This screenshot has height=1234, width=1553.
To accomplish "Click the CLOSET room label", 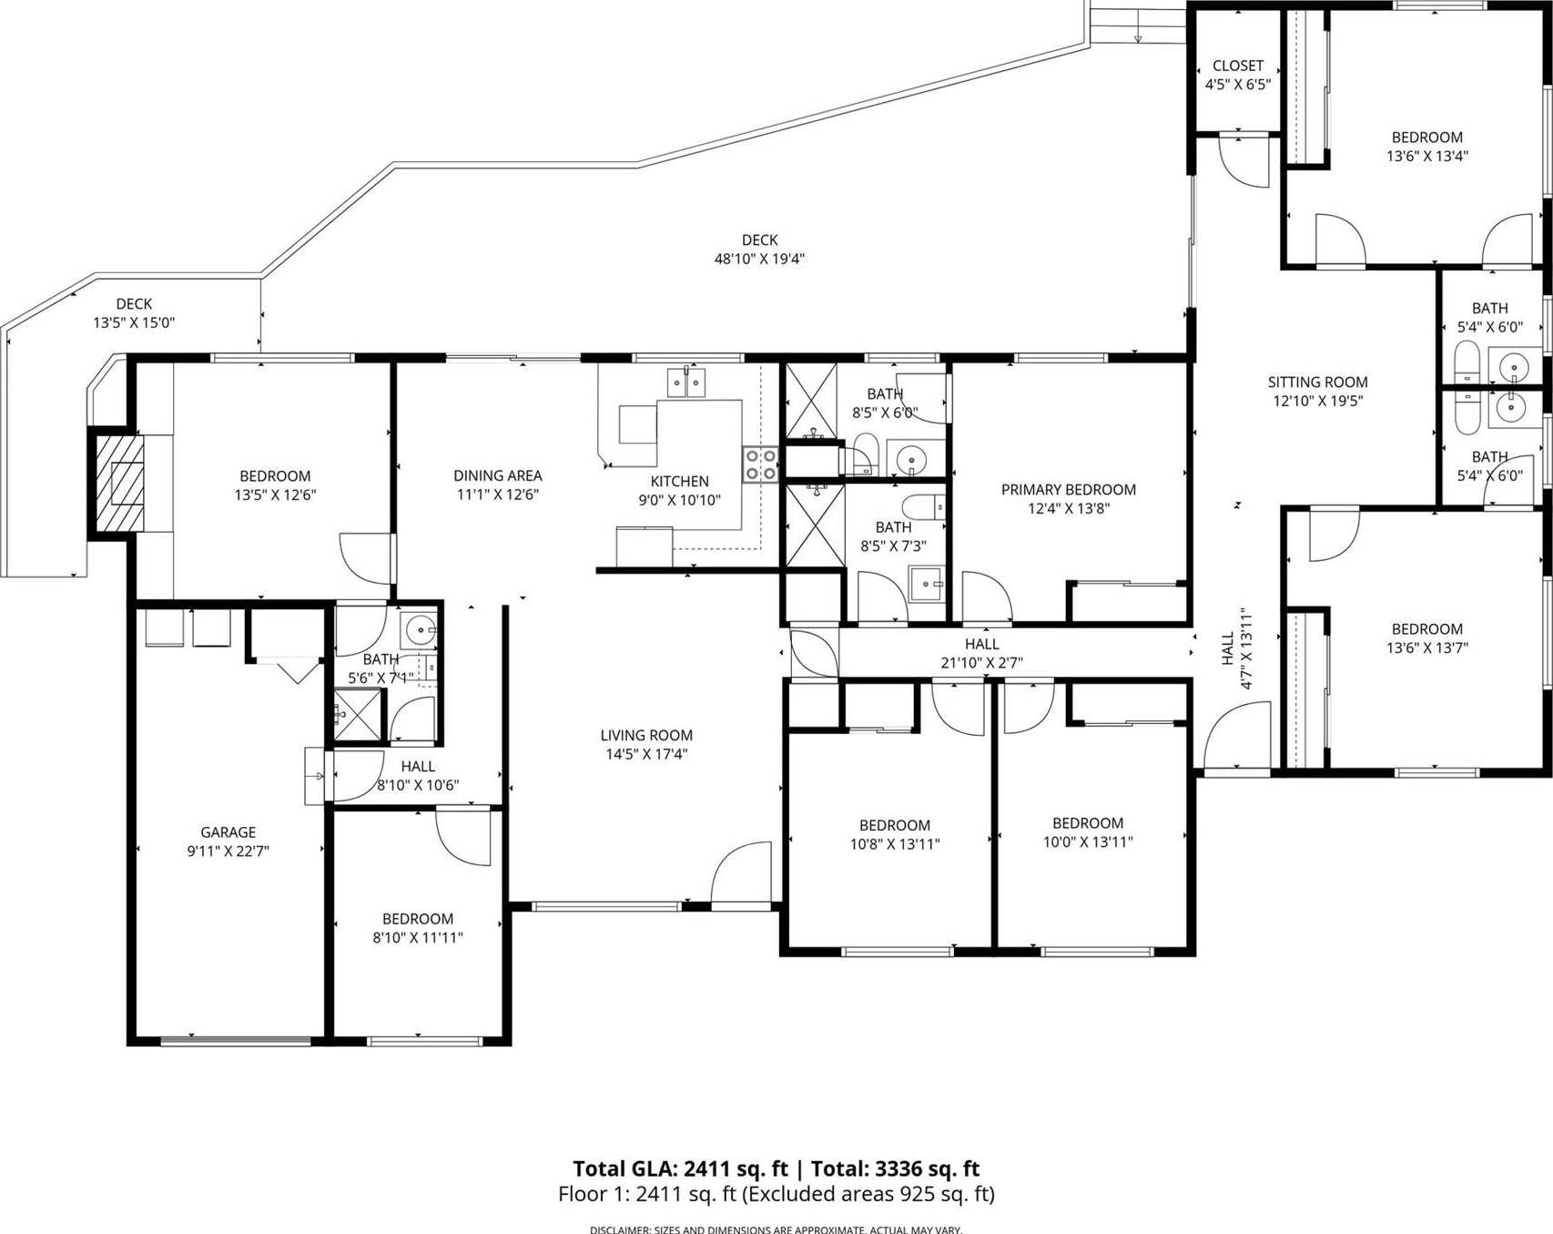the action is click(x=1237, y=66).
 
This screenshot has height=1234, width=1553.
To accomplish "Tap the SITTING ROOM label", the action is click(x=1317, y=382).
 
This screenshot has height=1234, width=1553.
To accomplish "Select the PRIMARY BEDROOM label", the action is click(x=1068, y=490).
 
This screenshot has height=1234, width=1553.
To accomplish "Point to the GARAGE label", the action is click(x=228, y=832).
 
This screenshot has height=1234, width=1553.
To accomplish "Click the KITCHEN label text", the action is click(x=679, y=482).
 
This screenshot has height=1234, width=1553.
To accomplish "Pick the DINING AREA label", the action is click(x=497, y=475).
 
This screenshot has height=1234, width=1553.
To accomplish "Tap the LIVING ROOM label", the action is click(x=646, y=735).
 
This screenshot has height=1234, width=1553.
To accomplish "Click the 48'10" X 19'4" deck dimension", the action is click(x=759, y=259).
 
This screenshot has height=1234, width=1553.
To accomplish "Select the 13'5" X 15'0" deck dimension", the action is click(x=134, y=322).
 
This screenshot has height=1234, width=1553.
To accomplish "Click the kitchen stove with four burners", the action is click(x=759, y=464).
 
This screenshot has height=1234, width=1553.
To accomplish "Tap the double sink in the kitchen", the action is click(x=686, y=383).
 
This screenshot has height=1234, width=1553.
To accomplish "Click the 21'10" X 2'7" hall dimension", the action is click(x=981, y=663).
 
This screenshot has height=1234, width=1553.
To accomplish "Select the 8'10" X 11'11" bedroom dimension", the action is click(x=418, y=938).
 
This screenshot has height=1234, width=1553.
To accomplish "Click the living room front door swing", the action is click(x=741, y=875).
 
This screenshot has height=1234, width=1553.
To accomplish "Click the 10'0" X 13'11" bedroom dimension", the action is click(x=1088, y=842).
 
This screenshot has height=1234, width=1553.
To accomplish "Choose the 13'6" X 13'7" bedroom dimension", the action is click(x=1426, y=648).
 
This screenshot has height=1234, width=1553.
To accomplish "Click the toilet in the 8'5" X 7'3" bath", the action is click(x=922, y=507).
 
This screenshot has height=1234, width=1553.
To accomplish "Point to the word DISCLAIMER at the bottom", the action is click(x=619, y=1229).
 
